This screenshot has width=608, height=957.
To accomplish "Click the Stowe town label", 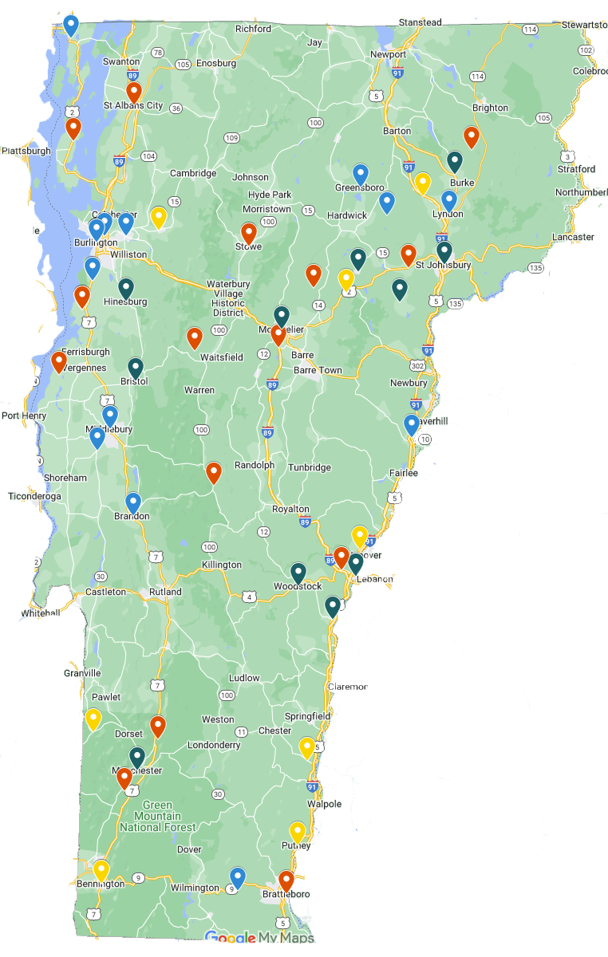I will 248,246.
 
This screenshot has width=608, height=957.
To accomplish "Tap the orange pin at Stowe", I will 249,232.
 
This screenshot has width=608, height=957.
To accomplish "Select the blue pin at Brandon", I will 133,502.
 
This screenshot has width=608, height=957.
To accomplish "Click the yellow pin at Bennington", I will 101,869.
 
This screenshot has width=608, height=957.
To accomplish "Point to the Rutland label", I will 165,592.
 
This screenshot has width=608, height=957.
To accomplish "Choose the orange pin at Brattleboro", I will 286,880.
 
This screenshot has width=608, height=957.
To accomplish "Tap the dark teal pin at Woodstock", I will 298,572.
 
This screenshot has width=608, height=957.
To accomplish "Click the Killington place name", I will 221,565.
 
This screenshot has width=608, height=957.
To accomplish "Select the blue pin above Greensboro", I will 361,173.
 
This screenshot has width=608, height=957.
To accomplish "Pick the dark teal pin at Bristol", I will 136,367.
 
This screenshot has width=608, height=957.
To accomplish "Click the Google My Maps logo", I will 259,938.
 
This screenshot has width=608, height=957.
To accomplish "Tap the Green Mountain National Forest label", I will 151,816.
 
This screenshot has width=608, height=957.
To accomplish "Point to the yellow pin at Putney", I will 298,831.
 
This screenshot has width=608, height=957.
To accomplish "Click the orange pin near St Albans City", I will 134,92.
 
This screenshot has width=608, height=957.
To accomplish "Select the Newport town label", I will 389,54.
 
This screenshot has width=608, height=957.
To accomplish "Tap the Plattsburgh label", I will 26,151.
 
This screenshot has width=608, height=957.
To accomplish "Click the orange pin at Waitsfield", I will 195,337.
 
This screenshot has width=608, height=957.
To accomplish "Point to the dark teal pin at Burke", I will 455,161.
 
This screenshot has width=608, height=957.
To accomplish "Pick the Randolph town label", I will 254,466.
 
